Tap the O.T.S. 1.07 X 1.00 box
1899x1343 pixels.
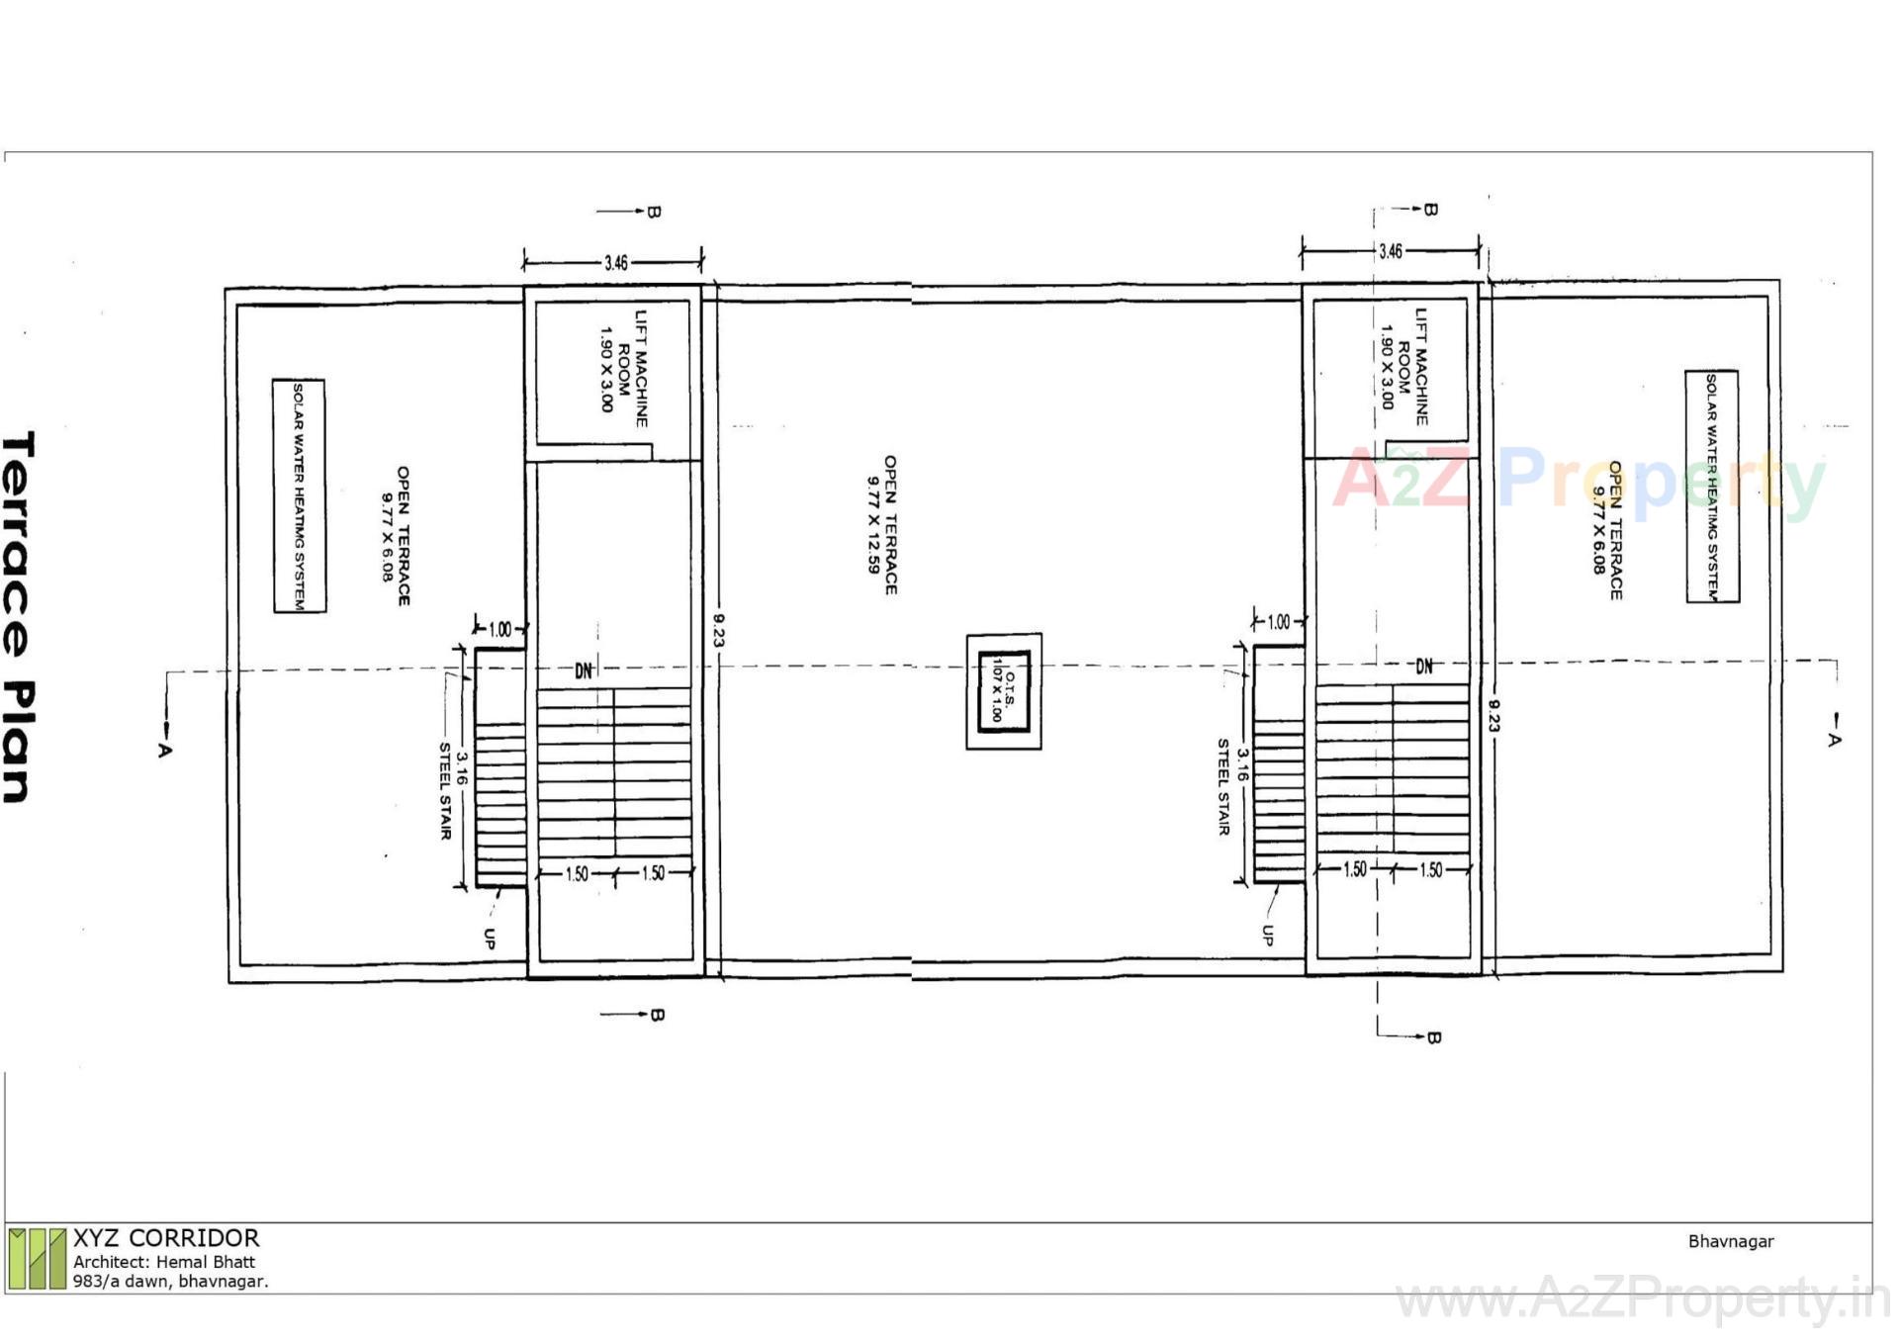[1003, 690]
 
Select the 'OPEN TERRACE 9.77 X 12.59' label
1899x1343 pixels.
[882, 525]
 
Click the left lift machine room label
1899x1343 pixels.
[622, 367]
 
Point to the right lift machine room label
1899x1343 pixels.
[1403, 365]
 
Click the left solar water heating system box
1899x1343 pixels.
[299, 495]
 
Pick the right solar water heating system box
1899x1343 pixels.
[1712, 486]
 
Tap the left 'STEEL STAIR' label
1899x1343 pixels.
[445, 790]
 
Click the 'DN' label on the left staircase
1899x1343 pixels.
[584, 671]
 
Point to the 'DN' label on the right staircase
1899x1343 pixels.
[1423, 667]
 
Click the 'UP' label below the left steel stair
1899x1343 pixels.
[489, 939]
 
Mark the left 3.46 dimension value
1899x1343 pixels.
[615, 263]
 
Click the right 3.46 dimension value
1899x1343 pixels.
[1390, 251]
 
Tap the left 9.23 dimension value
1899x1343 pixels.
[719, 630]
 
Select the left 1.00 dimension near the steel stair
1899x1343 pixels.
[500, 629]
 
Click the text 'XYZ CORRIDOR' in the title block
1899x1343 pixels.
[166, 1238]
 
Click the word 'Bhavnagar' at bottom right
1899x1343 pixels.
[1730, 1241]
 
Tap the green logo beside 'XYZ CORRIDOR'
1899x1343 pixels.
[37, 1258]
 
